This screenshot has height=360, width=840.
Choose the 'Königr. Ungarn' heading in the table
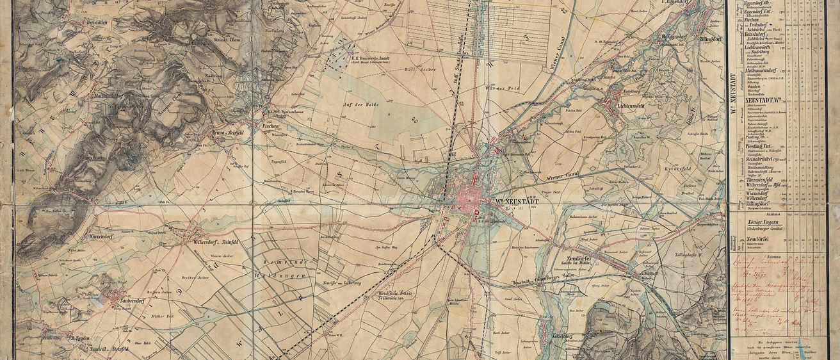click(759, 222)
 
